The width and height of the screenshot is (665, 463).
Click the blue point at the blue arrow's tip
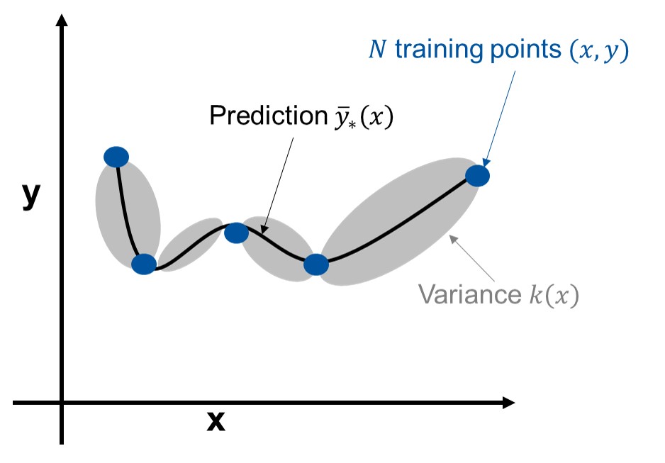(x=478, y=175)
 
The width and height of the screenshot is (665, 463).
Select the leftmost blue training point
(x=116, y=157)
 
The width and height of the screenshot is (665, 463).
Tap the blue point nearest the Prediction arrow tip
(x=236, y=232)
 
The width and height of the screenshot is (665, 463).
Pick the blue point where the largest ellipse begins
(x=316, y=264)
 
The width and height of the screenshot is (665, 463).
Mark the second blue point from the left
(x=144, y=264)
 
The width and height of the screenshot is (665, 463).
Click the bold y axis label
(x=30, y=196)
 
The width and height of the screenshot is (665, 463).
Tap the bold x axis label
(x=216, y=421)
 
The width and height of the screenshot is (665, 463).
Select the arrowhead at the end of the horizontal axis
(x=508, y=403)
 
